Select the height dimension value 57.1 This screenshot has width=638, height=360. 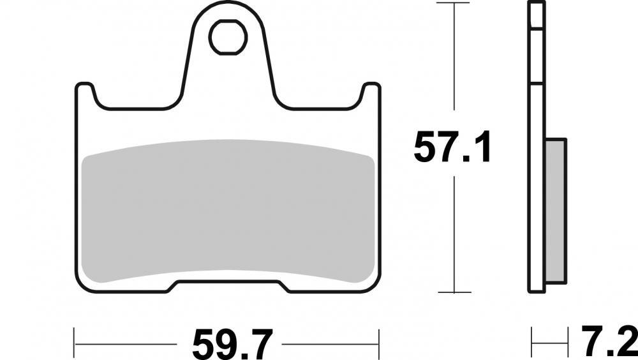(x=453, y=147)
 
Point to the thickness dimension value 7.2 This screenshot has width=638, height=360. (x=608, y=341)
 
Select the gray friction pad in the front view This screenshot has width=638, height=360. (x=228, y=211)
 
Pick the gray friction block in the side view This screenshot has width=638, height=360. (x=556, y=211)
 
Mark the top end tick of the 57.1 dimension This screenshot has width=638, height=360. (x=454, y=3)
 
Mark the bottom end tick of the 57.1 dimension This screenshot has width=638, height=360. (x=454, y=292)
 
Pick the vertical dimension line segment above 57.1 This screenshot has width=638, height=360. (x=454, y=57)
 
